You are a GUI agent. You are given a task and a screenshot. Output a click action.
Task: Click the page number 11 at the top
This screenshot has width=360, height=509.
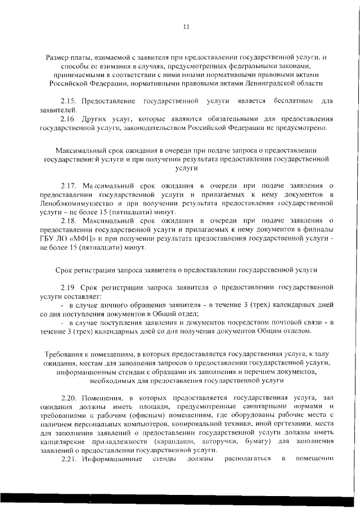tap(186, 27)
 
